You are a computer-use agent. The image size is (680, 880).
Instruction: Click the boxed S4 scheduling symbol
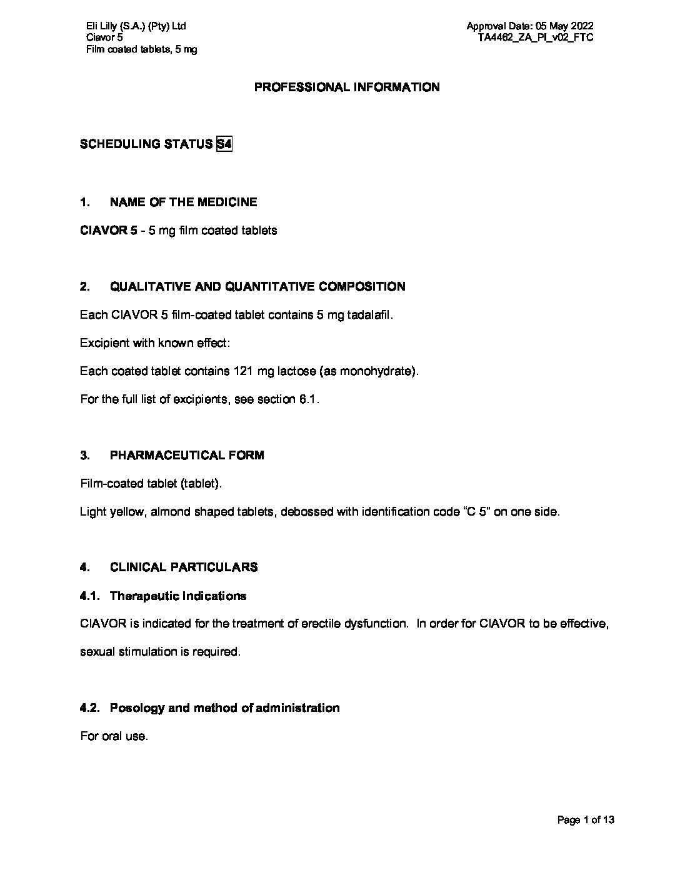click(224, 144)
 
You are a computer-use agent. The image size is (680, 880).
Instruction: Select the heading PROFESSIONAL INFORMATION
click(346, 87)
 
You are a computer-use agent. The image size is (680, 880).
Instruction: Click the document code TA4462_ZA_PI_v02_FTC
click(536, 37)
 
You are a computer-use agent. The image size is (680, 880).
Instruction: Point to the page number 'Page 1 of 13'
click(586, 820)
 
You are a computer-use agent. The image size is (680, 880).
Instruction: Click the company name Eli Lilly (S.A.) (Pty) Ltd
click(136, 26)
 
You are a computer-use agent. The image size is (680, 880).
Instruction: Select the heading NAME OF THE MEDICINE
click(183, 202)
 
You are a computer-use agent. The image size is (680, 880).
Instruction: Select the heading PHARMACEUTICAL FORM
click(187, 456)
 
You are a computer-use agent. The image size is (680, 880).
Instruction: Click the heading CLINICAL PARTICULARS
click(184, 567)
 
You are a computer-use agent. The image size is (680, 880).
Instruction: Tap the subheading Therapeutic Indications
click(178, 596)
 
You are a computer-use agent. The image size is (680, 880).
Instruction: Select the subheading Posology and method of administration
click(225, 708)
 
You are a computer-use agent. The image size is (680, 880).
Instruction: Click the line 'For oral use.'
click(114, 736)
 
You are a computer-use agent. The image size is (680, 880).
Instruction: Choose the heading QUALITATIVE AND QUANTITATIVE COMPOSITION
click(257, 287)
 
